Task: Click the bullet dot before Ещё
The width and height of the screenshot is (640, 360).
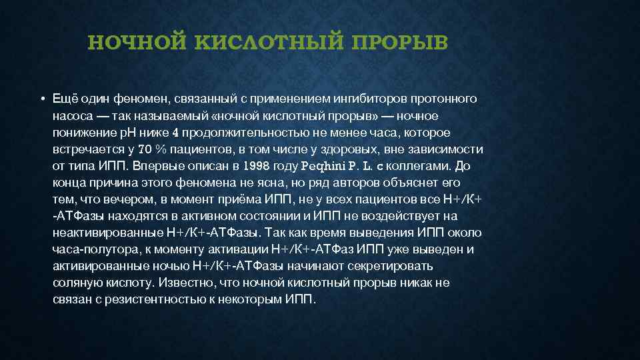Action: (41, 99)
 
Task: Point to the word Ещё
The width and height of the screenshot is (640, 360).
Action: (66, 99)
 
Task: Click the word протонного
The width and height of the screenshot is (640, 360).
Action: (447, 99)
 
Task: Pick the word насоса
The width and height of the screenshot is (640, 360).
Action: (73, 115)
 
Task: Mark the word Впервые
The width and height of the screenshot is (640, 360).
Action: (155, 165)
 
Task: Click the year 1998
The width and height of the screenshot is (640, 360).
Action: (257, 165)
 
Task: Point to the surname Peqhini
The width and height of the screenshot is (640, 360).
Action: (324, 165)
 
